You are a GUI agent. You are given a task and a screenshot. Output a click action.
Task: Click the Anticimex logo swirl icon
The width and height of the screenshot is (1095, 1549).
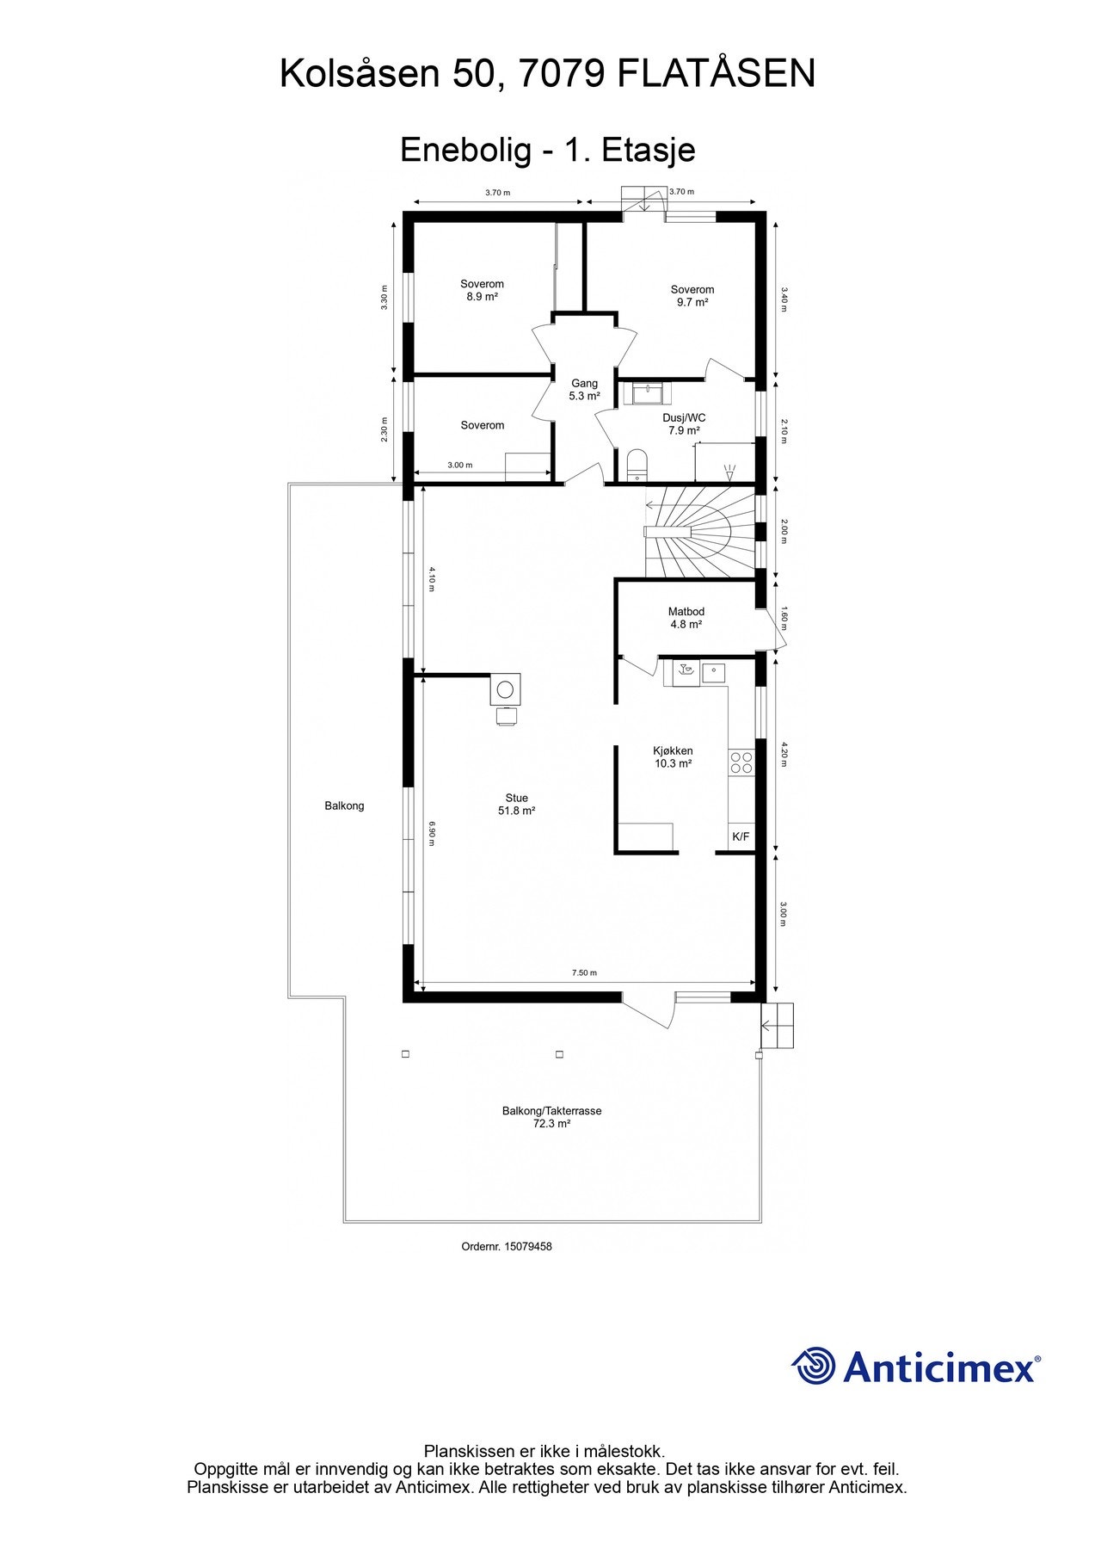tap(814, 1366)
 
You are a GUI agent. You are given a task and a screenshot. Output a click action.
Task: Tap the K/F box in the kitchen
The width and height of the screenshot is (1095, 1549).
tap(741, 836)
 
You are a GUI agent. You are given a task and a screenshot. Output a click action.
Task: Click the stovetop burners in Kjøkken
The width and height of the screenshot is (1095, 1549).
tap(741, 762)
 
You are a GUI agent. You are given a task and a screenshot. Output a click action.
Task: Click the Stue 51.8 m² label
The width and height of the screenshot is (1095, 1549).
tap(517, 805)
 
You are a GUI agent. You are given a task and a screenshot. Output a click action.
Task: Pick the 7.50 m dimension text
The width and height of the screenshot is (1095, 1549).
tap(584, 972)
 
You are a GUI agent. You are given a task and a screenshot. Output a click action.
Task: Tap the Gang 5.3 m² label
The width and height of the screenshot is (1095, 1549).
tap(584, 390)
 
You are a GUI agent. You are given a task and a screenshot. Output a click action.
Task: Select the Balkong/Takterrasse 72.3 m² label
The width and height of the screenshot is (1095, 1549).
tap(551, 1117)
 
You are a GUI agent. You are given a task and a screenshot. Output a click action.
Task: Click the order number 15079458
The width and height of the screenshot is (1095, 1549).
tap(507, 1246)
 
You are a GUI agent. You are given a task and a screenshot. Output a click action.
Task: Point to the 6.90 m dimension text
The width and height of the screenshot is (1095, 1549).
tap(432, 832)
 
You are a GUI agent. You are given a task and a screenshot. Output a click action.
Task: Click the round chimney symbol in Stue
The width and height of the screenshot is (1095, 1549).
tap(505, 688)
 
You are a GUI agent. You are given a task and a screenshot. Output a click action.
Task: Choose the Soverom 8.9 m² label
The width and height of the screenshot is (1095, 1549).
tap(482, 290)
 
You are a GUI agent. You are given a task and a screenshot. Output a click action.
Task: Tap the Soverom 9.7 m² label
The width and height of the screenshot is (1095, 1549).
tap(692, 296)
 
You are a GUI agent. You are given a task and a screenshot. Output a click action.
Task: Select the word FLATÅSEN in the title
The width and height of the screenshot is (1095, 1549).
tap(717, 74)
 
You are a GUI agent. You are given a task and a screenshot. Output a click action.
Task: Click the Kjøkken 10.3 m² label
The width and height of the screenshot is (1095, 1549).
tap(673, 756)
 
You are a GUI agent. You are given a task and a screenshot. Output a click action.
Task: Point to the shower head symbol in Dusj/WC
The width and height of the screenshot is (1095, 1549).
tap(730, 471)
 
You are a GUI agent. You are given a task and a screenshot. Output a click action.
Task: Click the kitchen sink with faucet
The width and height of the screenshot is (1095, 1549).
tap(685, 671)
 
